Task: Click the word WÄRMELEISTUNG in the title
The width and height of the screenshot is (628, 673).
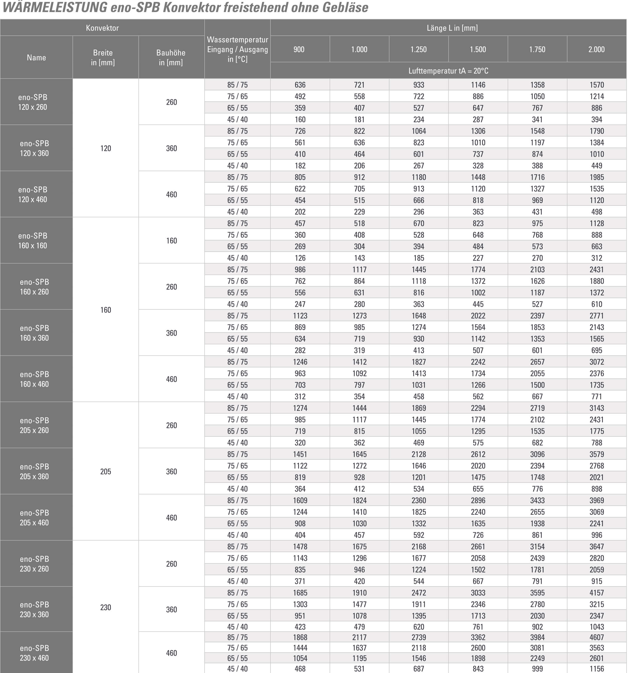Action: [55, 8]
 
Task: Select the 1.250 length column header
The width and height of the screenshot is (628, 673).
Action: [419, 49]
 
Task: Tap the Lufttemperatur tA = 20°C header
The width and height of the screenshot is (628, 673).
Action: [448, 71]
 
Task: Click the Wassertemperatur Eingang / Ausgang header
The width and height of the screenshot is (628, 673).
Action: [237, 49]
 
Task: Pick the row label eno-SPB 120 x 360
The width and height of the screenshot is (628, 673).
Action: [34, 148]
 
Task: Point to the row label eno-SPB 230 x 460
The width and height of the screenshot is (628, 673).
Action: [34, 653]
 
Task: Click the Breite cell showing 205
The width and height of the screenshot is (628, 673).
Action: [106, 471]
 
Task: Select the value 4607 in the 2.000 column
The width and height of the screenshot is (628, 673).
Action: [596, 637]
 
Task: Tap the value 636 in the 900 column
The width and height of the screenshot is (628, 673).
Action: [300, 85]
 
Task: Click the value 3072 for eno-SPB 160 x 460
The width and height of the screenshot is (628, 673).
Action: [596, 362]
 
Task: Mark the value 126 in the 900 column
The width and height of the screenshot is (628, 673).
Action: [300, 258]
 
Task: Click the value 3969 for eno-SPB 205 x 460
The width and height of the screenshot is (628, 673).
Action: [596, 500]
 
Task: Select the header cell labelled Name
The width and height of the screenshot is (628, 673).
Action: [36, 58]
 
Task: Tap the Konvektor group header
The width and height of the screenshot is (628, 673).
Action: [102, 28]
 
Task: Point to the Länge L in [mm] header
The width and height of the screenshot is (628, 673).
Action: [452, 28]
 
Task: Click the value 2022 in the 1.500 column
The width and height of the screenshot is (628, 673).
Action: [478, 316]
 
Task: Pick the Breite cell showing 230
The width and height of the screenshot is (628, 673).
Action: [106, 607]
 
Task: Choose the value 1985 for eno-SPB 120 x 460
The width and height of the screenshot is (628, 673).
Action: [596, 177]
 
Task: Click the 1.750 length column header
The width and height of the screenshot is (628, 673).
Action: [537, 49]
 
